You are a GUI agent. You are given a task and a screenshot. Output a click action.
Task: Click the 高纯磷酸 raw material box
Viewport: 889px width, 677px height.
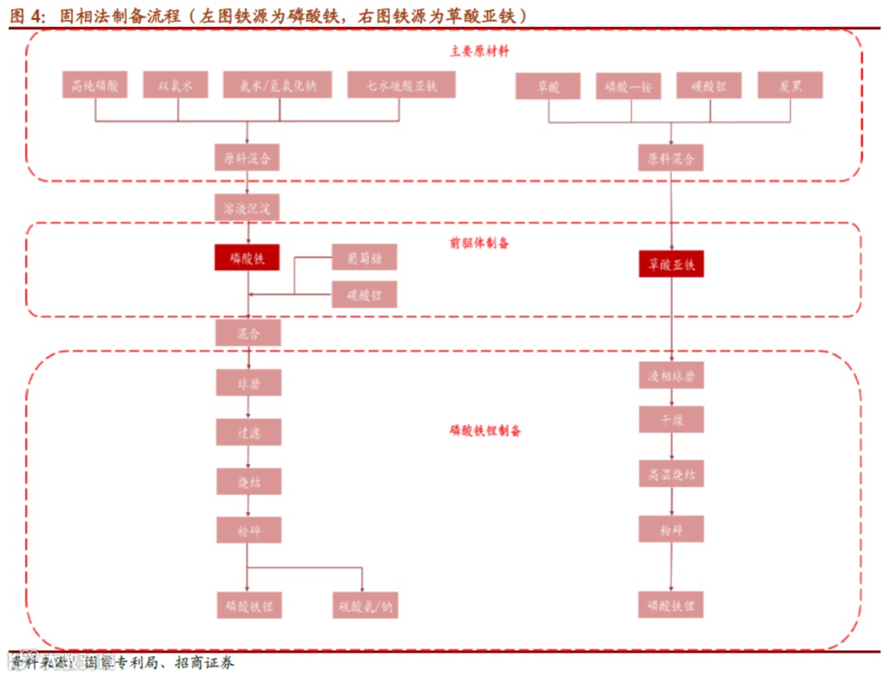pyautogui.click(x=95, y=86)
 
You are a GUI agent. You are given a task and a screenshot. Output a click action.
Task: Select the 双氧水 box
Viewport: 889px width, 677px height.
pyautogui.click(x=175, y=86)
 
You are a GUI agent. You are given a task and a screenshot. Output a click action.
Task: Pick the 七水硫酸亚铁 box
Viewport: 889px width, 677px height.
pyautogui.click(x=401, y=86)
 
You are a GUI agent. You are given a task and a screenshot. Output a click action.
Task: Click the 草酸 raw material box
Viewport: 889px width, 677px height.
pyautogui.click(x=548, y=86)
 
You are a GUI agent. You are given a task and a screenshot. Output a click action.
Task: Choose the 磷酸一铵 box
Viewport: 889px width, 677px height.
pyautogui.click(x=628, y=86)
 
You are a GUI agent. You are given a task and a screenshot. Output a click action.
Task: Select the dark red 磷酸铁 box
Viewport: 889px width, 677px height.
pyautogui.click(x=247, y=258)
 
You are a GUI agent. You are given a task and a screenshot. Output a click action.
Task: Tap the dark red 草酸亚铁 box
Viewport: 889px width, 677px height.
pyautogui.click(x=671, y=264)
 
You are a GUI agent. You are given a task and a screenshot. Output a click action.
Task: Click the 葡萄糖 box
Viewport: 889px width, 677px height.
pyautogui.click(x=364, y=258)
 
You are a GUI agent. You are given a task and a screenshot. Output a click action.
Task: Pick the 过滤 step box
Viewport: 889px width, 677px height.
pyautogui.click(x=249, y=432)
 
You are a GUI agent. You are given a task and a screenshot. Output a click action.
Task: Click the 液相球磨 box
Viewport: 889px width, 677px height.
pyautogui.click(x=671, y=376)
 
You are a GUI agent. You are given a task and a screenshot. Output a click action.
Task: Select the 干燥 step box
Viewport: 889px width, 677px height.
pyautogui.click(x=671, y=420)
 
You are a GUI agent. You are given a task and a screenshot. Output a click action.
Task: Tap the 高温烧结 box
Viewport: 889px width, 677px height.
pyautogui.click(x=671, y=474)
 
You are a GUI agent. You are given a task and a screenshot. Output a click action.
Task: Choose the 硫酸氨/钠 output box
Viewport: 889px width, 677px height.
pyautogui.click(x=365, y=606)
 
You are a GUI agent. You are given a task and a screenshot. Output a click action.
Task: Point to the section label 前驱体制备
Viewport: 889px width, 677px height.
pyautogui.click(x=479, y=243)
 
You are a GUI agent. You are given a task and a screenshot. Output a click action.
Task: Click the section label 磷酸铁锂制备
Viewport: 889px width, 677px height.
pyautogui.click(x=485, y=430)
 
